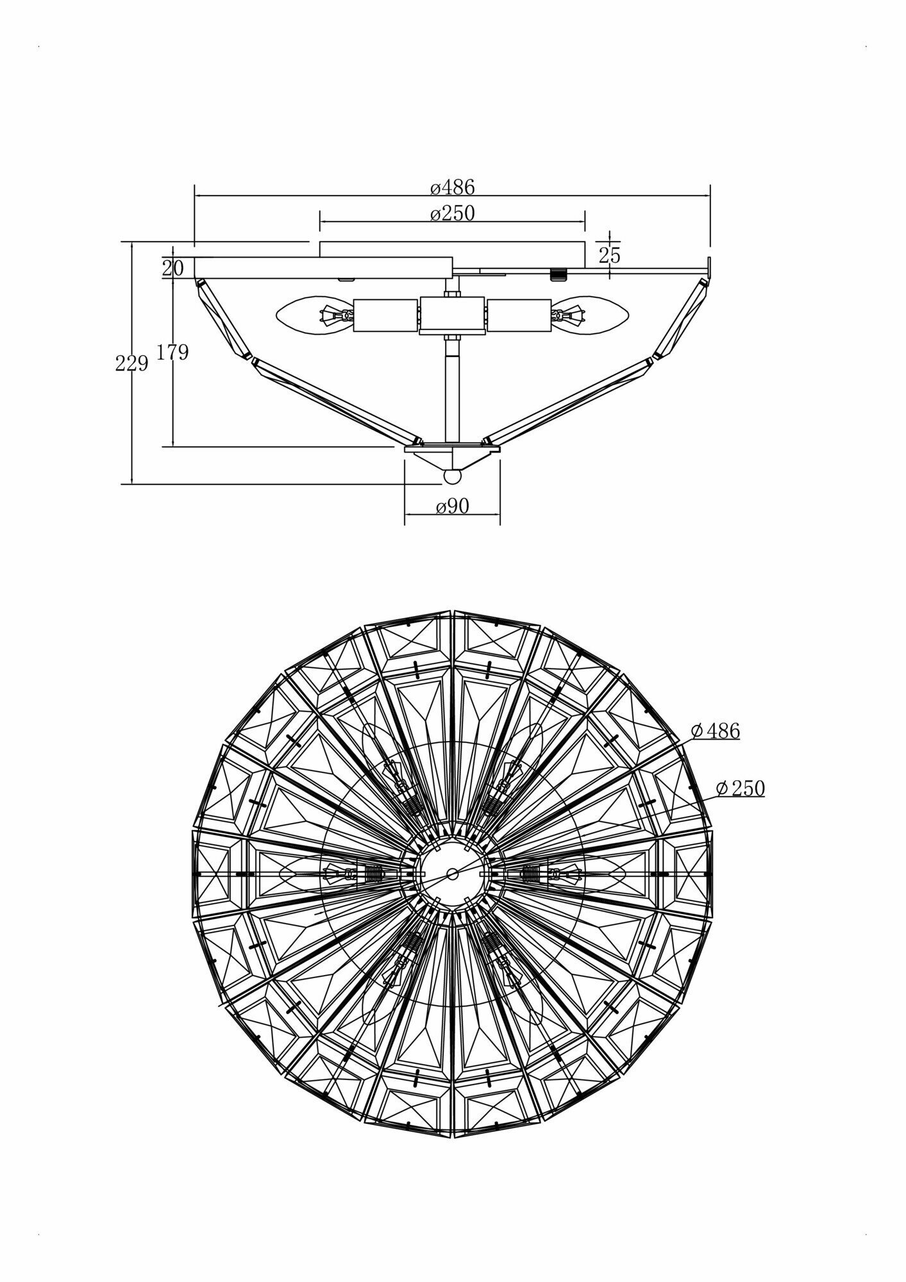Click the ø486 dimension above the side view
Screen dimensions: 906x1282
pyautogui.click(x=453, y=187)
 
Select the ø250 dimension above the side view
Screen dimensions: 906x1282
pyautogui.click(x=453, y=213)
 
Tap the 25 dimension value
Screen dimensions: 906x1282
pyautogui.click(x=610, y=255)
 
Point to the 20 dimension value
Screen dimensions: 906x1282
pyautogui.click(x=172, y=268)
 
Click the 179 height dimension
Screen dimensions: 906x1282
pyautogui.click(x=172, y=352)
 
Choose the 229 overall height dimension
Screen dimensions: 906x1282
pyautogui.click(x=131, y=364)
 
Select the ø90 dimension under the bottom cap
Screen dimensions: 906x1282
pyautogui.click(x=453, y=506)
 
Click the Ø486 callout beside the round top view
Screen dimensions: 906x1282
pyautogui.click(x=716, y=731)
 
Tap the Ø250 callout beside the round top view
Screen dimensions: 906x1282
pyautogui.click(x=740, y=788)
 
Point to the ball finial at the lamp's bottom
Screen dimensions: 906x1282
pyautogui.click(x=453, y=477)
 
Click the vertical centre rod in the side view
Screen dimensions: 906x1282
pyautogui.click(x=453, y=391)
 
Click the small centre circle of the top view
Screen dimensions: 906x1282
pyautogui.click(x=453, y=873)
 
